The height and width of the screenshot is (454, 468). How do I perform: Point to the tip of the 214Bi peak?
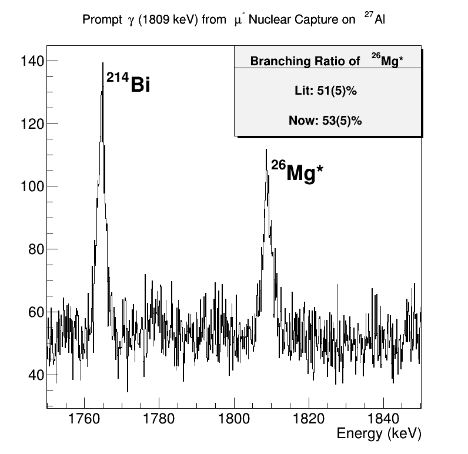tap(103, 62)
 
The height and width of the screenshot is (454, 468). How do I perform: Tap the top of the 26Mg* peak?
tap(266, 149)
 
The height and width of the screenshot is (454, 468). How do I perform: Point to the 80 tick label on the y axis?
tap(31, 249)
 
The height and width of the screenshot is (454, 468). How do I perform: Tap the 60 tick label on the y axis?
tap(31, 312)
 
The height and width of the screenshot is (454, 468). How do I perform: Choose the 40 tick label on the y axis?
tap(31, 375)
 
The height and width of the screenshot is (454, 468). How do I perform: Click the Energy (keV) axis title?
tap(379, 435)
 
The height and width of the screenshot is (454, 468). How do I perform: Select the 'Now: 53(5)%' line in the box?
tap(325, 121)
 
